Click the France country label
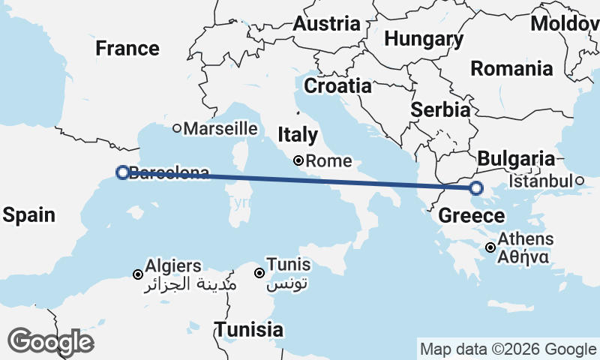click(127, 49)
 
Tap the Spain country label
click(28, 215)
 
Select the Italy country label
click(298, 135)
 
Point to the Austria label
click(326, 23)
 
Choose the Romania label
click(511, 69)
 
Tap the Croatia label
click(337, 85)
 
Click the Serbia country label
click(440, 109)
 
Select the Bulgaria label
click(516, 159)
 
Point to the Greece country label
click(472, 216)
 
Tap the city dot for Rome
click(298, 160)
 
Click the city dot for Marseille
click(177, 128)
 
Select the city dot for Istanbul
click(580, 181)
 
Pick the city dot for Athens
click(490, 247)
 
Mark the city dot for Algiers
click(138, 274)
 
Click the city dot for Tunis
click(259, 273)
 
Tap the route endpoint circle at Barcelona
click(122, 172)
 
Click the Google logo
click(50, 342)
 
